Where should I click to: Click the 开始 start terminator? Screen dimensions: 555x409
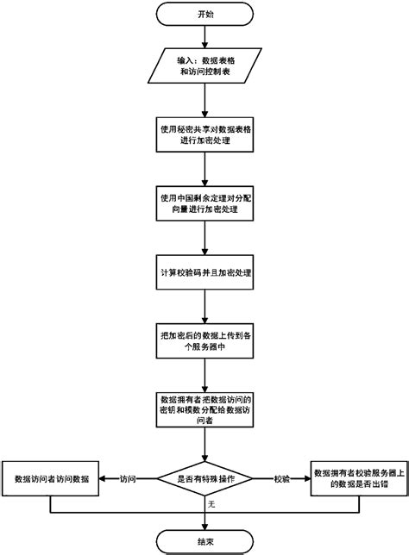[x=204, y=15]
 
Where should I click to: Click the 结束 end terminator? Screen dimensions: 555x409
[x=204, y=539]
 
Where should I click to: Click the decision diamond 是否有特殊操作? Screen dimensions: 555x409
[x=204, y=477]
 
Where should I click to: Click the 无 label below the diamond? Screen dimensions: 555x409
[x=211, y=504]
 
